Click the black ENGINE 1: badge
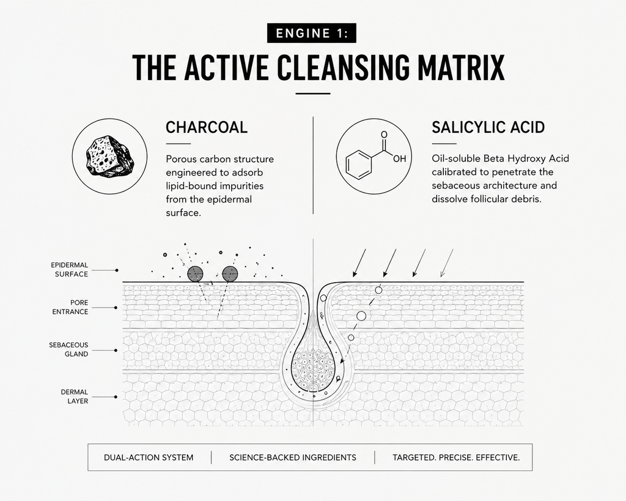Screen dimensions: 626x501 click(311, 33)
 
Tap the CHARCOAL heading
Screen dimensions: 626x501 click(207, 127)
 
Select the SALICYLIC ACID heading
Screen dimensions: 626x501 click(488, 127)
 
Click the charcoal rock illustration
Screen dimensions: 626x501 click(109, 156)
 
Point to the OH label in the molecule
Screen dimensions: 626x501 click(399, 158)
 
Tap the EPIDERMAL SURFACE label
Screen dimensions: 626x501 click(70, 270)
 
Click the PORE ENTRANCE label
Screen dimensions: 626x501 click(70, 307)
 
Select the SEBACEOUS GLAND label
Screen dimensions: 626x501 click(68, 349)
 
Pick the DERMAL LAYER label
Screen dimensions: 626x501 click(74, 396)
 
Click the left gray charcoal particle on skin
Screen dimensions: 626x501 click(195, 274)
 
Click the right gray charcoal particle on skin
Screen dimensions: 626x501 click(230, 274)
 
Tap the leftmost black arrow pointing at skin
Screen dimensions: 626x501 click(359, 263)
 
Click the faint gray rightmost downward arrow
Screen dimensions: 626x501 click(447, 263)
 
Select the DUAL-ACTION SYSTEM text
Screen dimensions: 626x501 click(149, 458)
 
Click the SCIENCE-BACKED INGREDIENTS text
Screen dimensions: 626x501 click(293, 458)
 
